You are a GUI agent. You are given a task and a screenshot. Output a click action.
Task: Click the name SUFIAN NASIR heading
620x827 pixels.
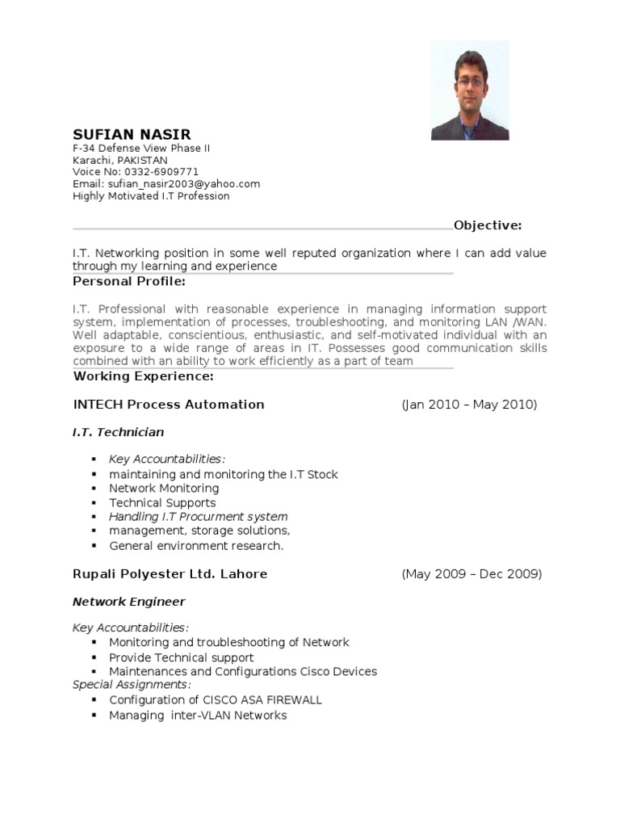(132, 134)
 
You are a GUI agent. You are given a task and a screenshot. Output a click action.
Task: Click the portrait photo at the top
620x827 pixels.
(470, 90)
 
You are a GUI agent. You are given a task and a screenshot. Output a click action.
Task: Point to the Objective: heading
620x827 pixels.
(488, 225)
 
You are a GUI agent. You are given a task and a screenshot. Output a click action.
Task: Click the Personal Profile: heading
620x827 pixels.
(129, 282)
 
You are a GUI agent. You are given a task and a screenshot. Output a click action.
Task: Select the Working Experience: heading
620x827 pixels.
(144, 376)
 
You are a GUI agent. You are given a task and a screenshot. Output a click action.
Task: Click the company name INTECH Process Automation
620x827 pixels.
(169, 405)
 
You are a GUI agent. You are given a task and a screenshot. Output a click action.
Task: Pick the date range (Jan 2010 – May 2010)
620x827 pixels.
(469, 405)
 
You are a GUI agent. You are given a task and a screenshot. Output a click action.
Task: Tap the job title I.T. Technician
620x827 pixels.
(118, 433)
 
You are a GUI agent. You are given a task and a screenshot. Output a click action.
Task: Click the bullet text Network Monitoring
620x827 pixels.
(164, 489)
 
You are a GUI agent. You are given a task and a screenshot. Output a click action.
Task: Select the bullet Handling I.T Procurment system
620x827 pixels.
(199, 517)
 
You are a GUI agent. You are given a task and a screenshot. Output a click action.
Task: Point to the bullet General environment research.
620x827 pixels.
(196, 546)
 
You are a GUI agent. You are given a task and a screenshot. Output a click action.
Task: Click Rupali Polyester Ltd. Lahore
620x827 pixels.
(170, 574)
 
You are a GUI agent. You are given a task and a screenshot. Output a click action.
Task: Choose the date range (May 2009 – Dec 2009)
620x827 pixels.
(471, 574)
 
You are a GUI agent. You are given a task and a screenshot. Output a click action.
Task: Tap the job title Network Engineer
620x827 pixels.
(129, 602)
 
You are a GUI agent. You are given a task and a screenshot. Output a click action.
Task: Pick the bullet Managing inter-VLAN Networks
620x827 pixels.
(198, 716)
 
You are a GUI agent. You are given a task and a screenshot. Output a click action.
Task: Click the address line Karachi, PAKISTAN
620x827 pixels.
(120, 160)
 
